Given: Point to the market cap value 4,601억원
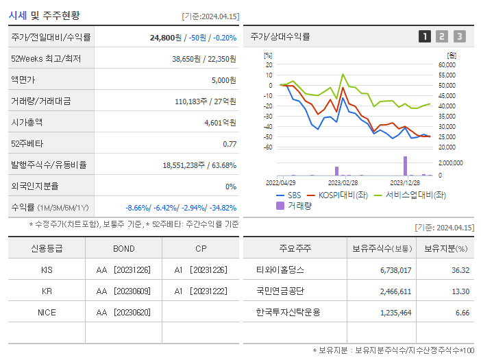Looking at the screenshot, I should pyautogui.click(x=220, y=123).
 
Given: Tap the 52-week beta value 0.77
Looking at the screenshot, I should pyautogui.click(x=230, y=144).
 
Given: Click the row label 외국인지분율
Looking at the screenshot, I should pyautogui.click(x=35, y=186).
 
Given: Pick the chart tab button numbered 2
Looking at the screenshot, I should pyautogui.click(x=442, y=36).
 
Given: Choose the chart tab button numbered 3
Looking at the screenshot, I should pyautogui.click(x=459, y=36).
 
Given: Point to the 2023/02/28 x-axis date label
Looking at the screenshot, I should pyautogui.click(x=343, y=183).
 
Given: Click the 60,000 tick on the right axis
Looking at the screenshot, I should pyautogui.click(x=447, y=64).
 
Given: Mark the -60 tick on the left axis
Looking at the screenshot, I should pyautogui.click(x=268, y=147).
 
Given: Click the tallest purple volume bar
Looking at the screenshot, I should pyautogui.click(x=405, y=166).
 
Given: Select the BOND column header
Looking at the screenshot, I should pyautogui.click(x=124, y=248).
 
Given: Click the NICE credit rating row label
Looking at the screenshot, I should pyautogui.click(x=47, y=312).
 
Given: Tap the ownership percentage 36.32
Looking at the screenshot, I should pyautogui.click(x=460, y=270).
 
